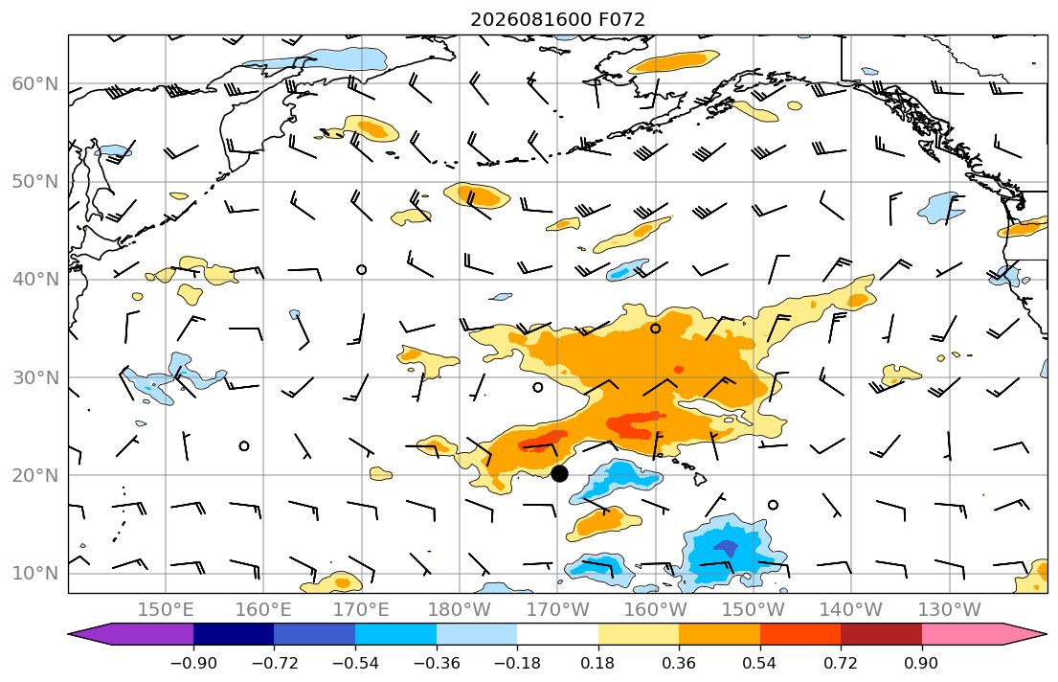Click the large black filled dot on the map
click(x=559, y=473)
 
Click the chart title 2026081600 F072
click(x=557, y=19)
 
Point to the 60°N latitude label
click(x=35, y=83)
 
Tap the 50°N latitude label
click(x=35, y=182)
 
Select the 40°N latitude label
click(x=35, y=280)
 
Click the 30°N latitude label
click(x=35, y=377)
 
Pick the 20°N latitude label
click(x=35, y=475)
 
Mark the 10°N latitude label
click(x=35, y=574)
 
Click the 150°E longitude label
click(x=166, y=610)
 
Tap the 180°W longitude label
click(x=460, y=610)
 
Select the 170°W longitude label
click(x=557, y=610)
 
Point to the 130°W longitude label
click(x=950, y=610)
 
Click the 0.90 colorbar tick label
click(x=922, y=663)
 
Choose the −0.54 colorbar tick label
click(x=355, y=663)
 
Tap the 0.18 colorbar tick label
click(x=597, y=663)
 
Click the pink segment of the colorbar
click(x=962, y=634)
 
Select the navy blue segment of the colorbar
click(x=234, y=634)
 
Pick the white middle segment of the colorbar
click(x=557, y=634)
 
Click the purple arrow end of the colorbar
click(x=130, y=634)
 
